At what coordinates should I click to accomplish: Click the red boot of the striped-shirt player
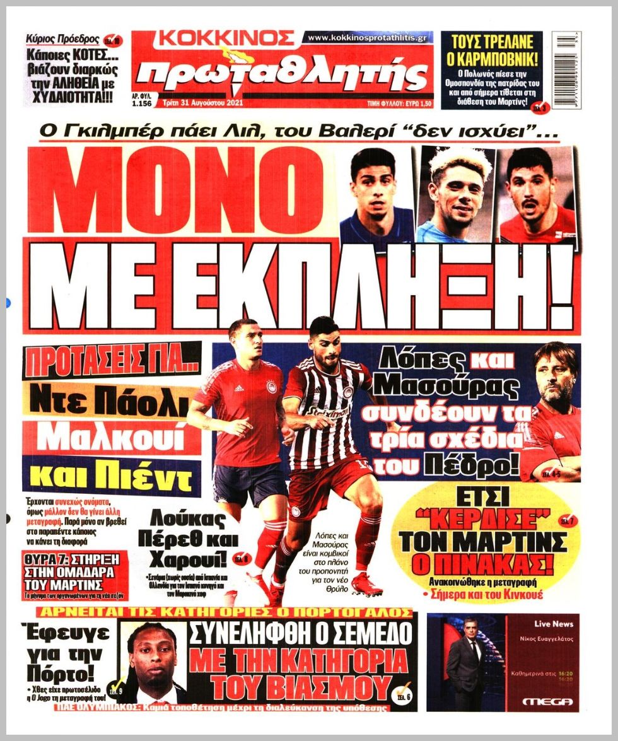(366, 583)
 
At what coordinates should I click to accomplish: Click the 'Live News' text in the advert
(553, 624)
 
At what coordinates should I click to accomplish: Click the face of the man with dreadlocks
(155, 653)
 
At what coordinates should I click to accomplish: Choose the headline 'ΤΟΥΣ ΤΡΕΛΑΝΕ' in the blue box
(492, 42)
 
